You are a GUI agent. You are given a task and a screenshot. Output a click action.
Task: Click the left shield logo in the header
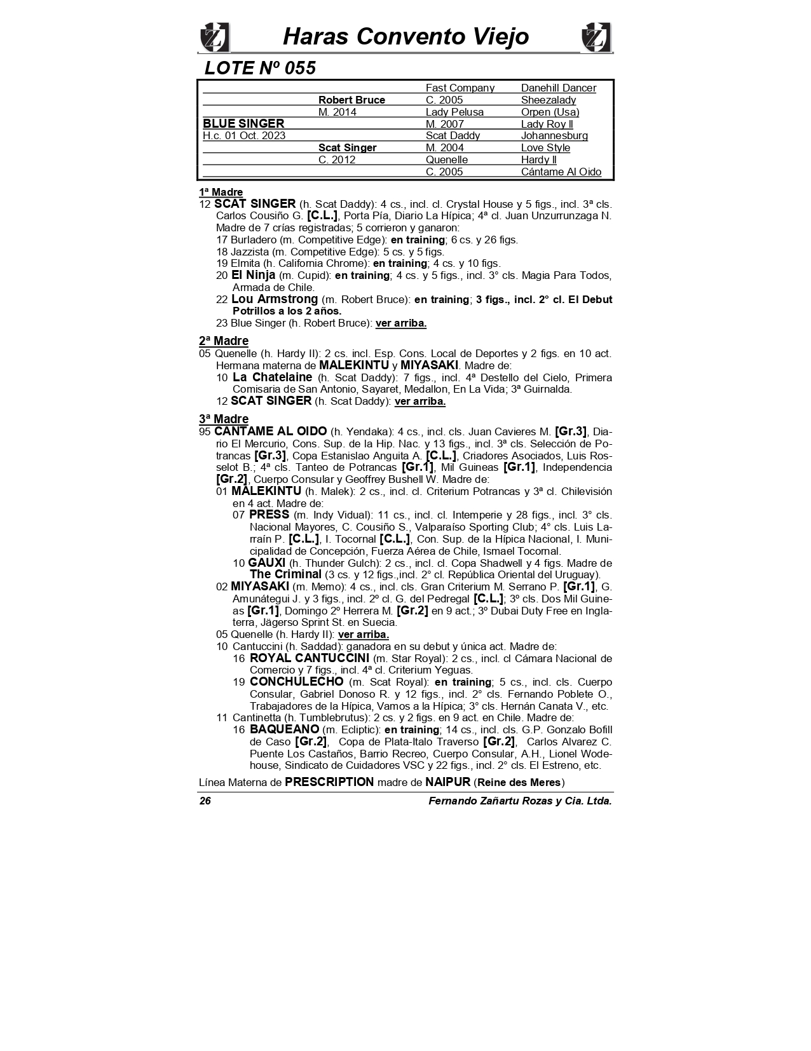click(x=214, y=37)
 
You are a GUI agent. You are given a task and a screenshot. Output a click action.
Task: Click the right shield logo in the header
click(x=596, y=37)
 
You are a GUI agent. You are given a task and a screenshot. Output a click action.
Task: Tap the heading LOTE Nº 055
click(x=260, y=68)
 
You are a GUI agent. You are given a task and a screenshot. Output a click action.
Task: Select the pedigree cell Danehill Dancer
click(x=558, y=88)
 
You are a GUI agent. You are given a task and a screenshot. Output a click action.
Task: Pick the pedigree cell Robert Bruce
click(x=351, y=100)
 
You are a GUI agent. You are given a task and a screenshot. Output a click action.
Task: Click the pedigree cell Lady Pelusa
click(x=454, y=112)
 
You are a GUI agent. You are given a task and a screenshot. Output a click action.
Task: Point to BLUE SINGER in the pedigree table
click(x=243, y=124)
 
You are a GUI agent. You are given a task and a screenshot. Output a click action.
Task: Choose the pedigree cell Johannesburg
click(x=554, y=136)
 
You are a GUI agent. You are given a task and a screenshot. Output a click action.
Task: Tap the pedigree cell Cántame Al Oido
click(x=561, y=172)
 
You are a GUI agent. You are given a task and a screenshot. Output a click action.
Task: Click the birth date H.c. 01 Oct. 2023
click(x=244, y=136)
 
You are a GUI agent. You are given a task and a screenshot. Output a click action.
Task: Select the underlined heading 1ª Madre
click(x=221, y=192)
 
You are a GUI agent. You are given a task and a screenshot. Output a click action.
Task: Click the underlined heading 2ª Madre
click(x=223, y=341)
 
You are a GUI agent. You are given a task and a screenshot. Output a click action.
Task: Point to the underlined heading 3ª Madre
click(x=223, y=419)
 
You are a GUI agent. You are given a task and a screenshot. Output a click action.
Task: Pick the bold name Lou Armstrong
click(x=275, y=299)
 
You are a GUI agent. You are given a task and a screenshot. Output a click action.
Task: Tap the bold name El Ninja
click(x=253, y=275)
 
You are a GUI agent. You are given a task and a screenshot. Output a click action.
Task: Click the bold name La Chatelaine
click(x=273, y=377)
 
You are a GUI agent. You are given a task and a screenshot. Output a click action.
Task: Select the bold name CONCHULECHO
click(x=296, y=682)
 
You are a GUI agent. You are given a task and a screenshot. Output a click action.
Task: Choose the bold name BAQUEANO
click(x=284, y=729)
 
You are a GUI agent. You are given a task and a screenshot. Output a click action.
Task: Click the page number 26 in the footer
click(x=205, y=801)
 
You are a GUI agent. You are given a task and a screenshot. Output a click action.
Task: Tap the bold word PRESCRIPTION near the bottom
click(x=329, y=782)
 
